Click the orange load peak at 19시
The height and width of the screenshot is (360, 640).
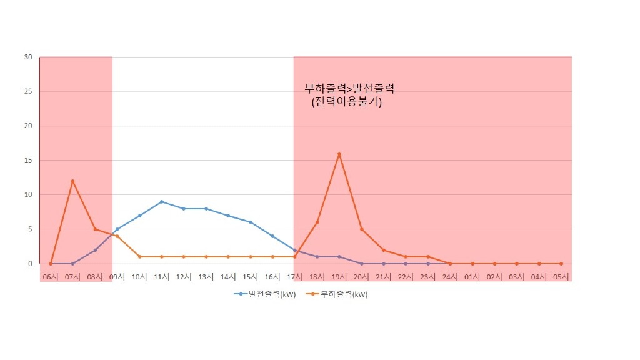(x=339, y=154)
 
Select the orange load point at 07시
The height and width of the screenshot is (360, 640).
(x=72, y=181)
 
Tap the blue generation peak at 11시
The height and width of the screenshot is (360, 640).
(x=162, y=202)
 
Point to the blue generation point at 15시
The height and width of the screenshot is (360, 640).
(x=251, y=222)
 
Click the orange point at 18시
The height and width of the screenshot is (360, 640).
(x=317, y=222)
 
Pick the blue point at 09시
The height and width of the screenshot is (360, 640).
(x=117, y=229)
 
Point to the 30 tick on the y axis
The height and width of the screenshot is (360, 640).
(x=28, y=57)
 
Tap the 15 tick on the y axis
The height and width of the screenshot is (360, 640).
(x=28, y=160)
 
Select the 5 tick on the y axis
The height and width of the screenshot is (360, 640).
(x=29, y=229)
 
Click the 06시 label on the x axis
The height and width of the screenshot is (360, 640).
(x=51, y=276)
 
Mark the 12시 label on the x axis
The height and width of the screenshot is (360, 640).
(x=184, y=276)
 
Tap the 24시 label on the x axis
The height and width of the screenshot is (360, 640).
(x=450, y=276)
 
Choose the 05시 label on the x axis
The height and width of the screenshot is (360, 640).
(x=561, y=276)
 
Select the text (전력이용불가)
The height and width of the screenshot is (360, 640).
(x=346, y=102)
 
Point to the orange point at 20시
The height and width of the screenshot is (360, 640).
(x=362, y=229)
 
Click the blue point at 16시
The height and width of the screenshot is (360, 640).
(x=272, y=236)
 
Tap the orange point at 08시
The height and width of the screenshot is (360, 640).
(x=95, y=229)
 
